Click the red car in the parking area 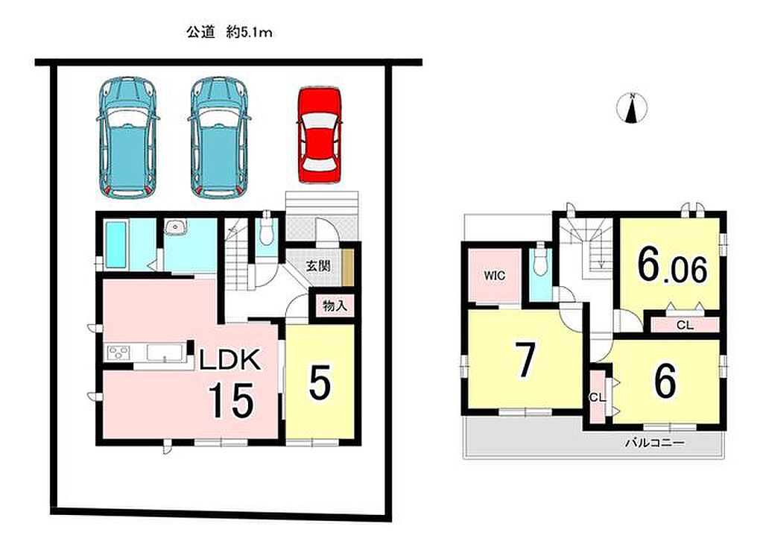(320, 135)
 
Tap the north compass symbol (632, 107)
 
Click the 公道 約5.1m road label (229, 33)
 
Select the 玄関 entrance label (318, 266)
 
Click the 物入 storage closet (335, 306)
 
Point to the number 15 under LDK (232, 400)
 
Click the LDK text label (229, 360)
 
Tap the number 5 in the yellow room (320, 382)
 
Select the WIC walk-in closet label (495, 276)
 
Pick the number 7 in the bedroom (525, 359)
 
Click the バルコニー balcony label (654, 443)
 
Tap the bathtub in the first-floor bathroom (115, 244)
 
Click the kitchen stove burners (118, 351)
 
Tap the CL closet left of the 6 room (597, 396)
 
